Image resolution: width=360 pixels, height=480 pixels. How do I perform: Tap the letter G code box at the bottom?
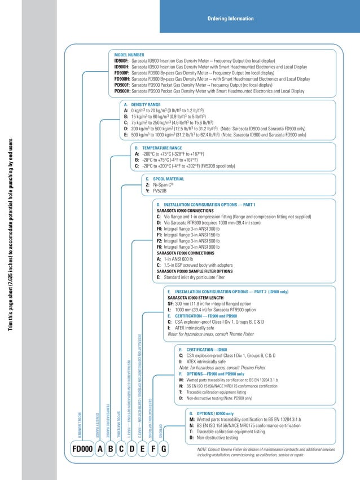click(x=164, y=449)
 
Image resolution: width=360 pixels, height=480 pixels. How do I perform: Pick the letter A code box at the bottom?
click(x=100, y=449)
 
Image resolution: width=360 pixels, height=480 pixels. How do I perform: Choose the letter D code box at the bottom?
click(x=132, y=449)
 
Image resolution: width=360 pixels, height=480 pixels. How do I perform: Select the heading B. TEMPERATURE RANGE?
click(x=158, y=148)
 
